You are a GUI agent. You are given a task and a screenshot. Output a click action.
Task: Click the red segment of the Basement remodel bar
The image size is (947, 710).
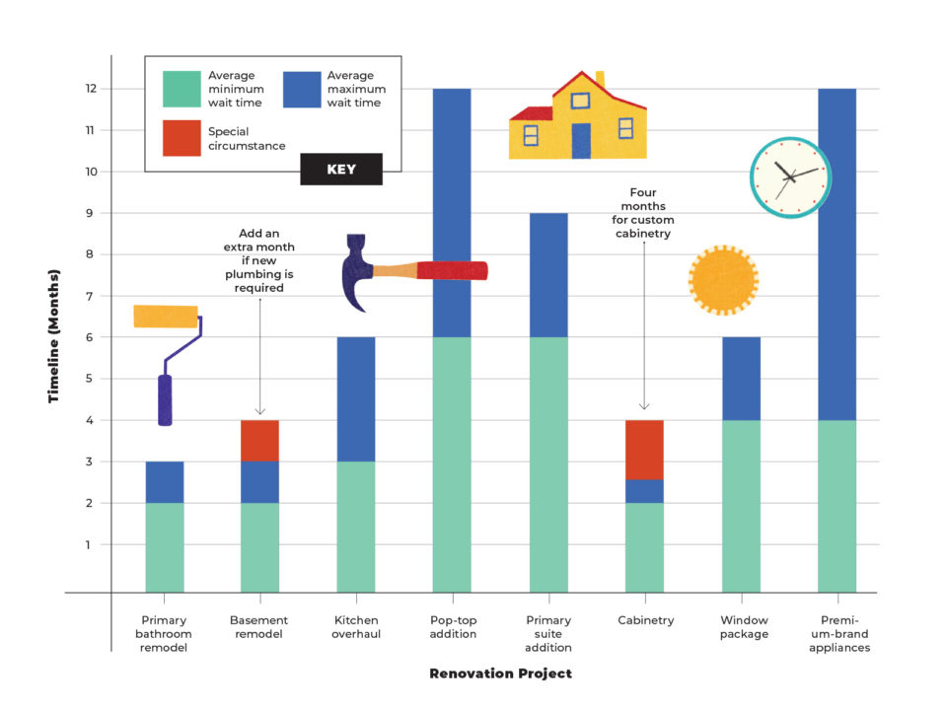(x=259, y=440)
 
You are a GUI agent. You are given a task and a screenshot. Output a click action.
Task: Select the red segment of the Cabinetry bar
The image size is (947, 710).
(x=644, y=450)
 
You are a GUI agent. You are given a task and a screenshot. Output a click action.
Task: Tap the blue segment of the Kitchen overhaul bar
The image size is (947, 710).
(x=355, y=398)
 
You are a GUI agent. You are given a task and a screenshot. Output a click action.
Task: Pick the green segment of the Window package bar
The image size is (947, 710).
(x=741, y=505)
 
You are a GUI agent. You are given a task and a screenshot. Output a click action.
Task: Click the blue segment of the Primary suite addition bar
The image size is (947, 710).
(x=548, y=274)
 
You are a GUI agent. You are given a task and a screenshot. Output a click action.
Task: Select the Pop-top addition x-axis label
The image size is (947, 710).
(x=452, y=627)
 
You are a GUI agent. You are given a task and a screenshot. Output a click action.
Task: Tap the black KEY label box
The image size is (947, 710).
(x=341, y=170)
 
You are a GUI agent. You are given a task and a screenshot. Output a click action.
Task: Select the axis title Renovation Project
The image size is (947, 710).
(x=500, y=674)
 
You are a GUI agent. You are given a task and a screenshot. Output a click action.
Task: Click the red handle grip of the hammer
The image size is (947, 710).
(x=452, y=270)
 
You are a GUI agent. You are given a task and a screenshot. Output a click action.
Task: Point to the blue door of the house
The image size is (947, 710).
(x=581, y=141)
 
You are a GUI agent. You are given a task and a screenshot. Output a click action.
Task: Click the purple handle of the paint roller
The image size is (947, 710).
(x=165, y=399)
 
